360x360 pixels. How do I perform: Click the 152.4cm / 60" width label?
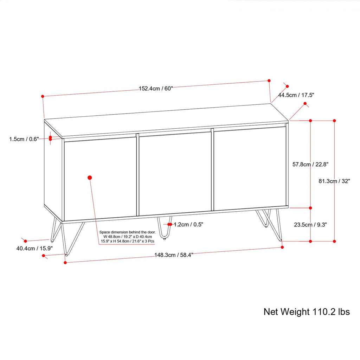156,89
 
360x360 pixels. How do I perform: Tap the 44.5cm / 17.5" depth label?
296,95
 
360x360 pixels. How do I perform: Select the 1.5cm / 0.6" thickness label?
24,139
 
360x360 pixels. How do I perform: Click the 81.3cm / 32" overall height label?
334,181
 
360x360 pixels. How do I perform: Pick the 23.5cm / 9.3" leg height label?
310,225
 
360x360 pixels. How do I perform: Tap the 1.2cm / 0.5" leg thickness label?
188,224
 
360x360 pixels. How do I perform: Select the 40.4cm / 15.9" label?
34,248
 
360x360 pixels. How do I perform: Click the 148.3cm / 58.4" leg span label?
174,255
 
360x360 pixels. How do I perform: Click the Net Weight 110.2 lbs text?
307,312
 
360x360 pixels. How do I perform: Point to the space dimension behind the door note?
127,237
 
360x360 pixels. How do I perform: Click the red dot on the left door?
90,178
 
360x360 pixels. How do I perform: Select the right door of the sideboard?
250,168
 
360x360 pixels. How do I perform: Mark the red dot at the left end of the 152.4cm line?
43,96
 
